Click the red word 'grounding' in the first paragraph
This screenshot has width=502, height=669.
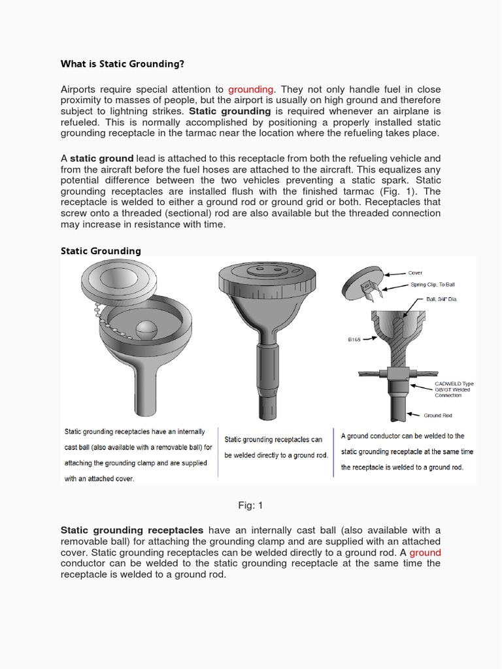coord(252,89)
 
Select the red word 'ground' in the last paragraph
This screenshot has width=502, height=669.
coord(425,552)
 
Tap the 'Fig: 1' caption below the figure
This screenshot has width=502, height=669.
coord(251,505)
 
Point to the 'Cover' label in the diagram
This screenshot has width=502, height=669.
coord(415,273)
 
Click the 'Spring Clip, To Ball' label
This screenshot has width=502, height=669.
coord(433,285)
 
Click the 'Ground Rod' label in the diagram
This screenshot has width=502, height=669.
coord(437,415)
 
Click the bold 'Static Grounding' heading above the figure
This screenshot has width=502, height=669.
coord(101,251)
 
